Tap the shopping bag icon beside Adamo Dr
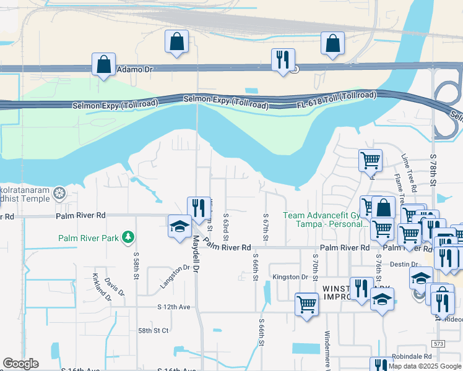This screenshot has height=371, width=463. pyautogui.click(x=103, y=64)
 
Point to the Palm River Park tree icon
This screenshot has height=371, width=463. pyautogui.click(x=128, y=237)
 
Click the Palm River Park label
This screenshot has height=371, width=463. pyautogui.click(x=90, y=237)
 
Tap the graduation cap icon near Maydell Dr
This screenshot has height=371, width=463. pyautogui.click(x=180, y=226)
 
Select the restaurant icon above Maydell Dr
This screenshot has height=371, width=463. pyautogui.click(x=198, y=208)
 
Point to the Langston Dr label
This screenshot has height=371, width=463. pyautogui.click(x=175, y=276)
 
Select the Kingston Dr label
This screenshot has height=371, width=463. pyautogui.click(x=290, y=277)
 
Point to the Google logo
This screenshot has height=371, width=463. pyautogui.click(x=20, y=364)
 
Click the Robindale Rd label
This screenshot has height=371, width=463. pyautogui.click(x=412, y=357)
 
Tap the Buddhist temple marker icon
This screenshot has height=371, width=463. pyautogui.click(x=59, y=194)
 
